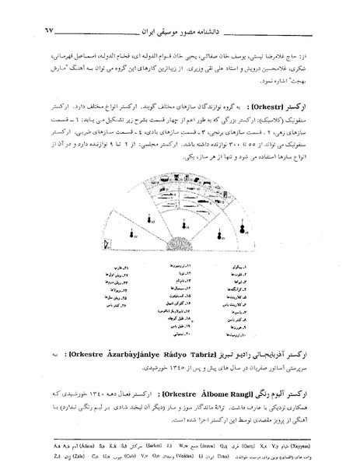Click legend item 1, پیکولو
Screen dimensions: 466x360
pyautogui.click(x=256, y=266)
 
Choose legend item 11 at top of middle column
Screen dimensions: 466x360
pyautogui.click(x=182, y=266)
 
